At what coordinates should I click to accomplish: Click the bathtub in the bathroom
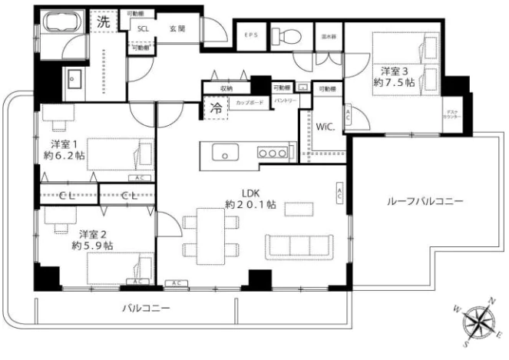pos(61,23)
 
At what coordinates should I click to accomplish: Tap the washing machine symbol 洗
pos(104,22)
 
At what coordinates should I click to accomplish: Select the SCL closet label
pos(143,28)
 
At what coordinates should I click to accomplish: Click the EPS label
pos(250,35)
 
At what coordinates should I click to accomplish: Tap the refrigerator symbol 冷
pos(216,108)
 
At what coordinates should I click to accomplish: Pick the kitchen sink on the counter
pos(225,152)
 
